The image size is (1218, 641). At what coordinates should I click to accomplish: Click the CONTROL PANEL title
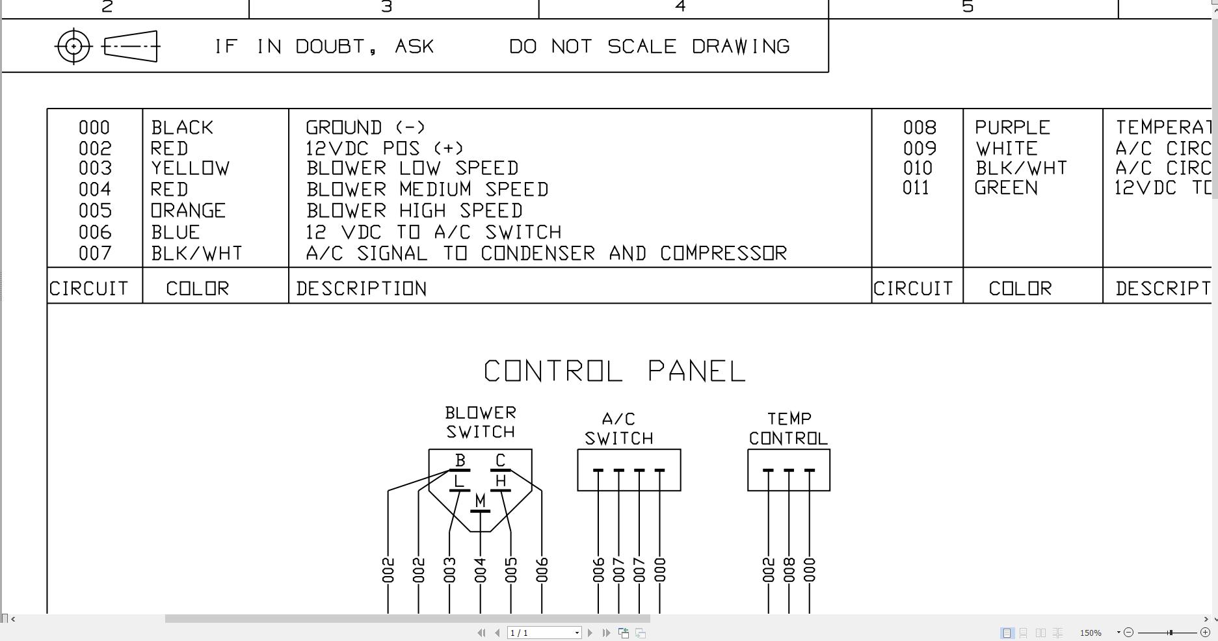click(615, 371)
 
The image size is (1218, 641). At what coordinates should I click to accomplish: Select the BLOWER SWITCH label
click(481, 423)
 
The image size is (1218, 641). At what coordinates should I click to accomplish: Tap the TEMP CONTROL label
click(788, 428)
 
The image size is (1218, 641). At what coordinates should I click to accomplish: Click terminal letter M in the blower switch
click(480, 501)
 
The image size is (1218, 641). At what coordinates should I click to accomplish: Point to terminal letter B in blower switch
click(460, 460)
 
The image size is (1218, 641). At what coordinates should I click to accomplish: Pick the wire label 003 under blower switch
click(449, 570)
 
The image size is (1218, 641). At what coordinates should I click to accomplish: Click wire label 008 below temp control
click(789, 570)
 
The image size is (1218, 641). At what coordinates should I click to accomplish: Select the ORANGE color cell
click(188, 211)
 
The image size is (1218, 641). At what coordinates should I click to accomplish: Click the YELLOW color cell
click(190, 168)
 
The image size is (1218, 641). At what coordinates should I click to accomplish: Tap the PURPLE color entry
click(1012, 127)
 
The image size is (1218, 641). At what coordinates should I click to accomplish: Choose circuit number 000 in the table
click(94, 127)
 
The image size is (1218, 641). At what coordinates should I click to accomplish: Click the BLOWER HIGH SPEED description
click(414, 211)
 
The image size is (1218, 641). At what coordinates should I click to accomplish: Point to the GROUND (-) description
click(365, 127)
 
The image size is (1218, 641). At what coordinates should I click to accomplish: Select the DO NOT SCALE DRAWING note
click(649, 47)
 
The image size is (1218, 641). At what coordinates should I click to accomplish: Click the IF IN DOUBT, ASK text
click(324, 47)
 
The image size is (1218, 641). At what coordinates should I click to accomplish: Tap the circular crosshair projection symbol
click(73, 46)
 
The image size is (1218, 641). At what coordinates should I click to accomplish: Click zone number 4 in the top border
click(680, 7)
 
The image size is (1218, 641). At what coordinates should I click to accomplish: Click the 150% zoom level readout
click(1091, 633)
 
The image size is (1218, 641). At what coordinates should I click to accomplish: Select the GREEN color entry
click(1006, 188)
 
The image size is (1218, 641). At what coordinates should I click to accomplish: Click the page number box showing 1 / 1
click(544, 633)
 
